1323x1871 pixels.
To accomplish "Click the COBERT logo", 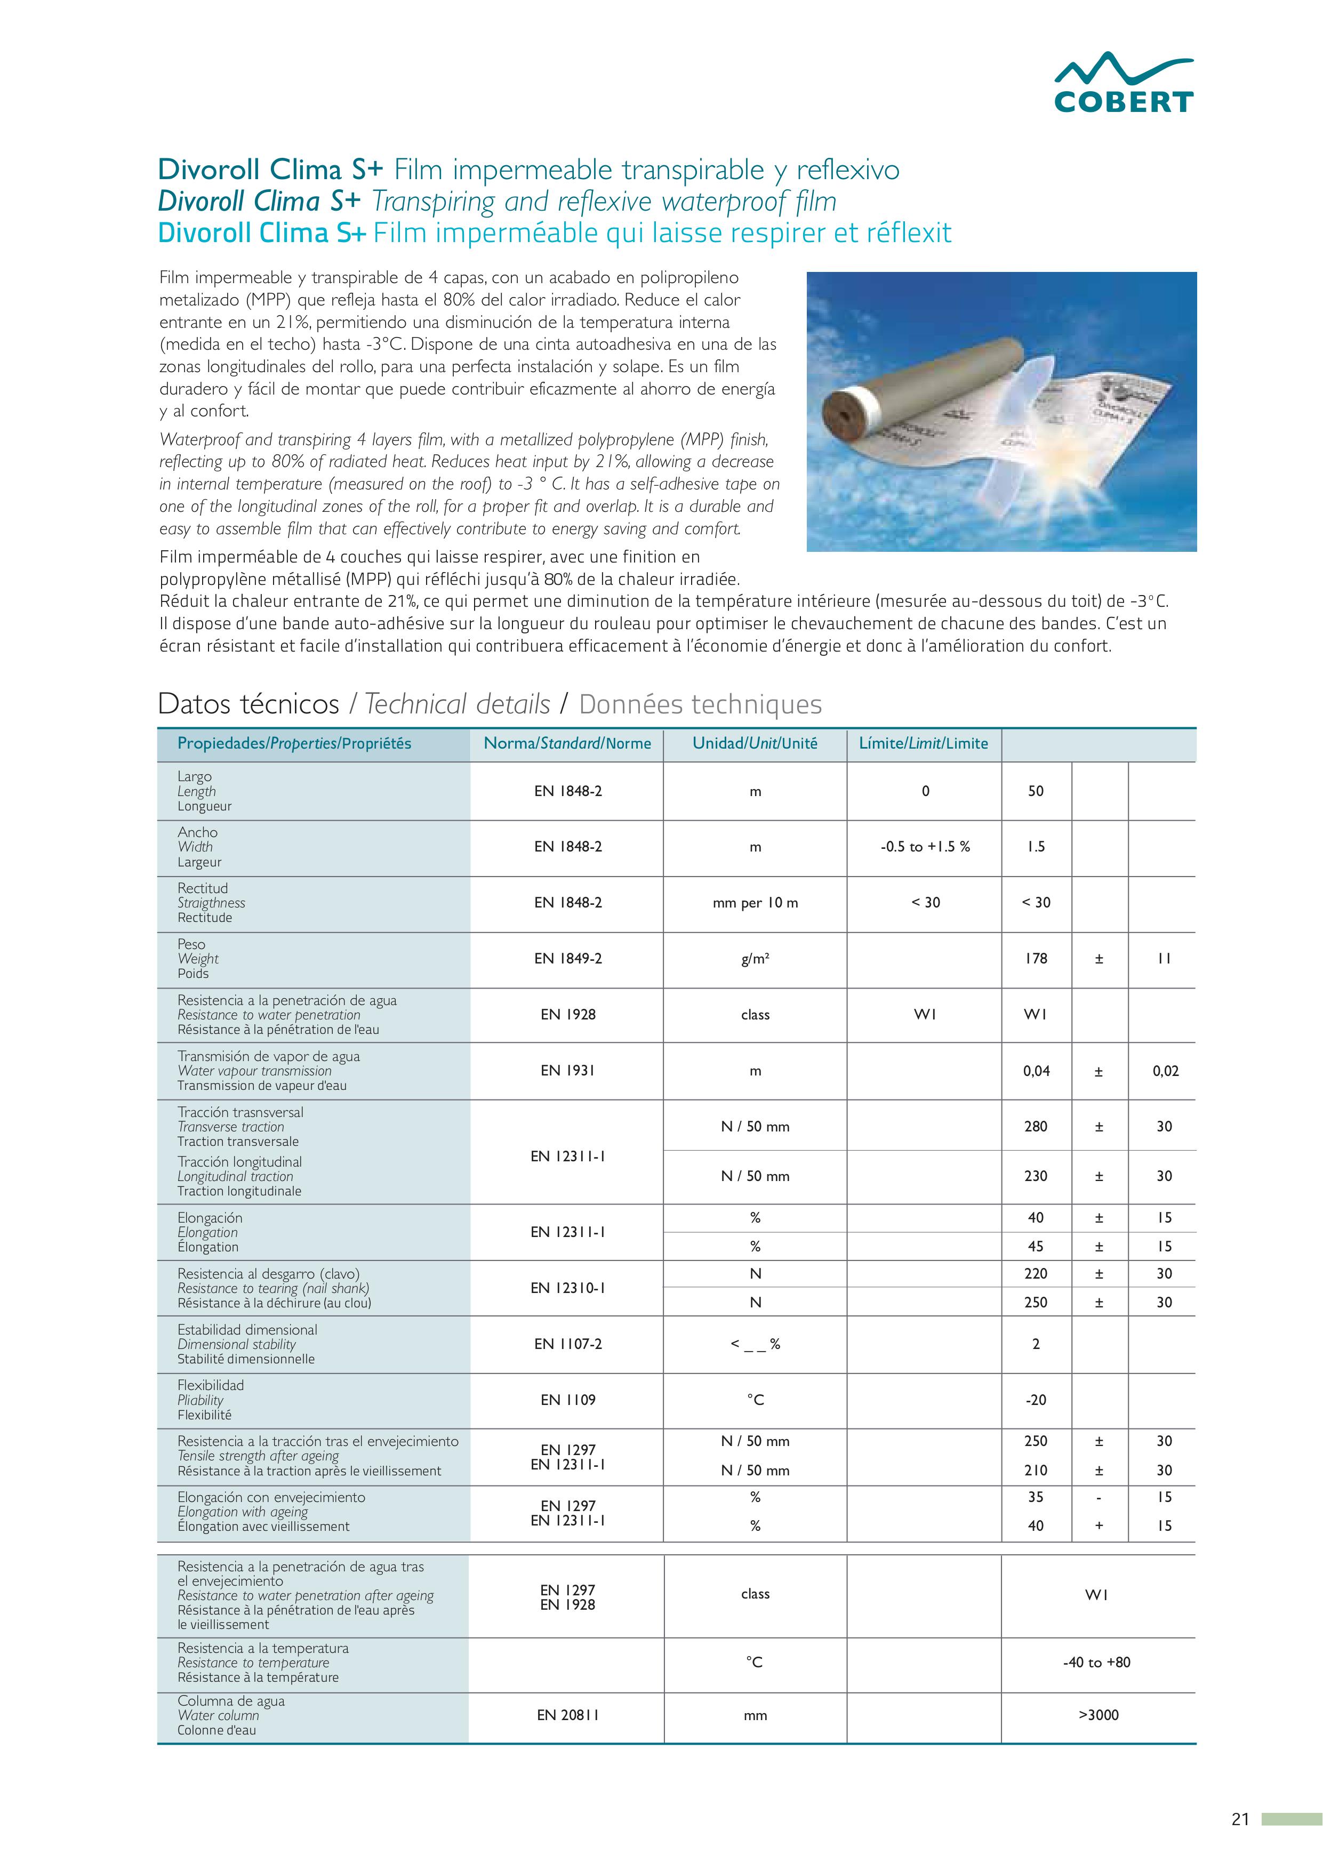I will (1123, 83).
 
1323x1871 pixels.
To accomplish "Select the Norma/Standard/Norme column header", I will (567, 743).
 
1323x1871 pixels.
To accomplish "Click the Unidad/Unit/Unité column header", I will (755, 743).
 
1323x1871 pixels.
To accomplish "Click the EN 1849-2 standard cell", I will (567, 958).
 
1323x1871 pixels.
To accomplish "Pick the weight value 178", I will (1035, 958).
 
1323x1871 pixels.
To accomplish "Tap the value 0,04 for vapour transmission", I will (1036, 1071).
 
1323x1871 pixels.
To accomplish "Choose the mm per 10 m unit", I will (755, 903).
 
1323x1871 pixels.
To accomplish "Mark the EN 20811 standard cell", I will (567, 1715).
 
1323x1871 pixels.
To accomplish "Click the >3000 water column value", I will (1098, 1715).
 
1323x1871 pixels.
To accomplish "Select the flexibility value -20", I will (1035, 1400).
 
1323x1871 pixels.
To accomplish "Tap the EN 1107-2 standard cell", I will (567, 1344).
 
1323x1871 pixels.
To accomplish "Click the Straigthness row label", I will (211, 903).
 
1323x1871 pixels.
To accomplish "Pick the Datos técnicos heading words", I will (248, 703).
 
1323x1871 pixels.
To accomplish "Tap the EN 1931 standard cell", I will (567, 1071).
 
